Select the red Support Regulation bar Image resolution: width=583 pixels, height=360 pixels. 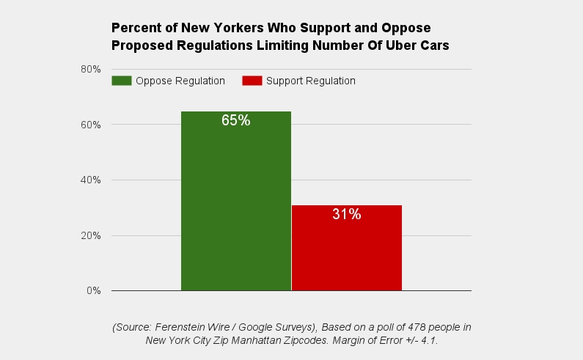click(x=347, y=253)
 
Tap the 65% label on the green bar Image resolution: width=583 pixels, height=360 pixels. click(x=236, y=120)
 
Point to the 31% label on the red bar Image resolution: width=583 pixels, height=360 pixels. click(x=347, y=214)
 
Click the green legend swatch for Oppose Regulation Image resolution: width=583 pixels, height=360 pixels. click(x=122, y=81)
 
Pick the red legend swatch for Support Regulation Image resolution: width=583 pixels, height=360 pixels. click(x=252, y=81)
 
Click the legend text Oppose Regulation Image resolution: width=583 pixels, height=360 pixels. click(x=180, y=81)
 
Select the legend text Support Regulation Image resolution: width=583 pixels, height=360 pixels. click(x=311, y=81)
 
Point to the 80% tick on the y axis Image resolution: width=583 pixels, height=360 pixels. click(x=91, y=69)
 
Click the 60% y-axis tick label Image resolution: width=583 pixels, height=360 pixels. click(x=91, y=125)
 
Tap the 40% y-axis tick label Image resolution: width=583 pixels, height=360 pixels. click(x=91, y=180)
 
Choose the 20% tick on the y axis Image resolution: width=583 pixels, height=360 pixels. click(x=91, y=236)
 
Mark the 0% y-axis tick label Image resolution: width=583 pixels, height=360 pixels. click(x=94, y=291)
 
